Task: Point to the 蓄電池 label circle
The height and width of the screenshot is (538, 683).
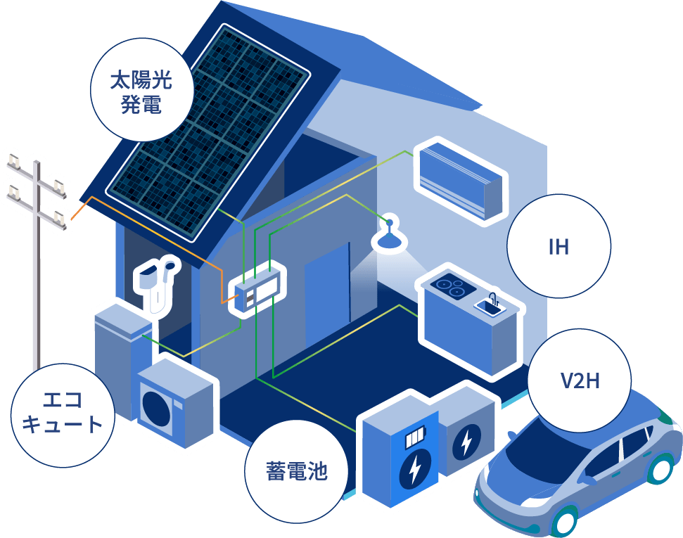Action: pyautogui.click(x=296, y=470)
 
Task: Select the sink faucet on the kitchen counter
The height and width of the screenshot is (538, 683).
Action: pyautogui.click(x=493, y=299)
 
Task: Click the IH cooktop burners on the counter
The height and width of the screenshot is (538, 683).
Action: pyautogui.click(x=449, y=287)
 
